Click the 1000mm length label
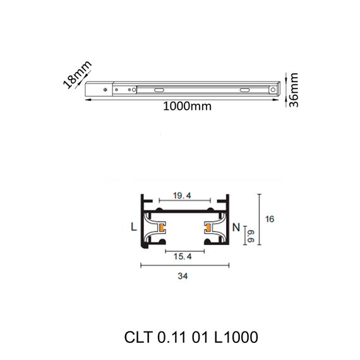pyautogui.click(x=187, y=106)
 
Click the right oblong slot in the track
pyautogui.click(x=244, y=92)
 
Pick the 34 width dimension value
pyautogui.click(x=182, y=276)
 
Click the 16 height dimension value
pyautogui.click(x=270, y=219)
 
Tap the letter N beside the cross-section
pyautogui.click(x=236, y=226)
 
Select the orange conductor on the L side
pyautogui.click(x=162, y=227)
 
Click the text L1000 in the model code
pyautogui.click(x=237, y=337)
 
